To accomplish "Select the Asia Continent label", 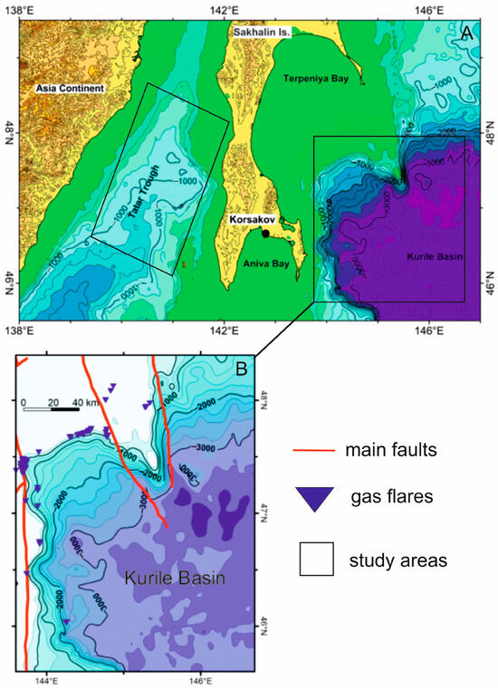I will coord(72,89).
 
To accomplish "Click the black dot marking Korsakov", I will coord(265,234).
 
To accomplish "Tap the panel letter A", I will coord(467,33).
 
